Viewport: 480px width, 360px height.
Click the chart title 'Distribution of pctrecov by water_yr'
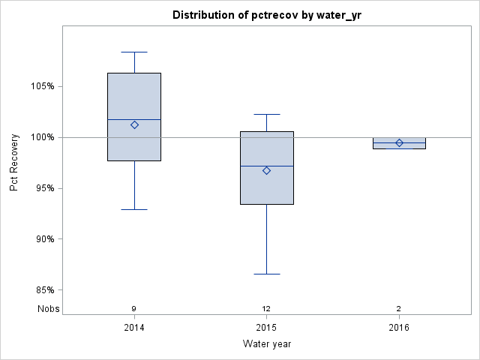(x=266, y=15)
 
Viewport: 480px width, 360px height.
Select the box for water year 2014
(x=134, y=116)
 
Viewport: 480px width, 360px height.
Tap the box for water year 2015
(x=266, y=167)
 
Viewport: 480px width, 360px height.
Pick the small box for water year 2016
(x=399, y=143)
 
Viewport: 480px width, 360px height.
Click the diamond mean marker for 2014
(x=134, y=125)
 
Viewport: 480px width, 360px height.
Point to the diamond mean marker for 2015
(x=266, y=170)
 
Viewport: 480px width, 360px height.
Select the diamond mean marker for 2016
(x=399, y=142)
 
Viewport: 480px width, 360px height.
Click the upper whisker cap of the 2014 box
(x=134, y=52)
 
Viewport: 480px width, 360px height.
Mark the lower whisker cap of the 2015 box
(x=266, y=274)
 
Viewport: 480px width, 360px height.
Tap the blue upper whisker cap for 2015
(x=266, y=115)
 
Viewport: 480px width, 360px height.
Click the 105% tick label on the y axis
(x=42, y=86)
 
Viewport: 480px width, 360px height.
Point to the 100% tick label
(x=42, y=137)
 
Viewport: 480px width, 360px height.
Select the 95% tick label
(x=44, y=188)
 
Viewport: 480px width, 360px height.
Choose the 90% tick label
(x=44, y=239)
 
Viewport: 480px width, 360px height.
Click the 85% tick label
(x=44, y=290)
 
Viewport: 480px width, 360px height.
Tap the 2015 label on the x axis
(x=266, y=328)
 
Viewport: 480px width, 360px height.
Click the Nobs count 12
(x=266, y=309)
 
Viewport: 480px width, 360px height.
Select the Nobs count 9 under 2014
(x=134, y=309)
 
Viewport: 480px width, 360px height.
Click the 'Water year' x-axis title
(x=266, y=344)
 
